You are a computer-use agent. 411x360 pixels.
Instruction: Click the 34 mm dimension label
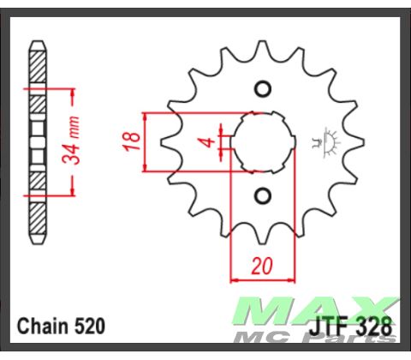[x=76, y=141]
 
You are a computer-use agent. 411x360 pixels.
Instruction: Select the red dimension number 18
[x=130, y=141]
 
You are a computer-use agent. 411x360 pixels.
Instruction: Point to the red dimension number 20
[x=261, y=267]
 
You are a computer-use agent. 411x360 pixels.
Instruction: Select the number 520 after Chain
[x=90, y=327]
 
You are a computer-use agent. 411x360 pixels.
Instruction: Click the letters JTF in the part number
[x=329, y=327]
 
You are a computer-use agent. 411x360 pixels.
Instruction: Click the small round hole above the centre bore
[x=263, y=88]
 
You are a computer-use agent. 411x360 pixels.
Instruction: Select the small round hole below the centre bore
[x=263, y=196]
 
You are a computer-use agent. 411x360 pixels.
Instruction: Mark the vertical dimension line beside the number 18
[x=146, y=141]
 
